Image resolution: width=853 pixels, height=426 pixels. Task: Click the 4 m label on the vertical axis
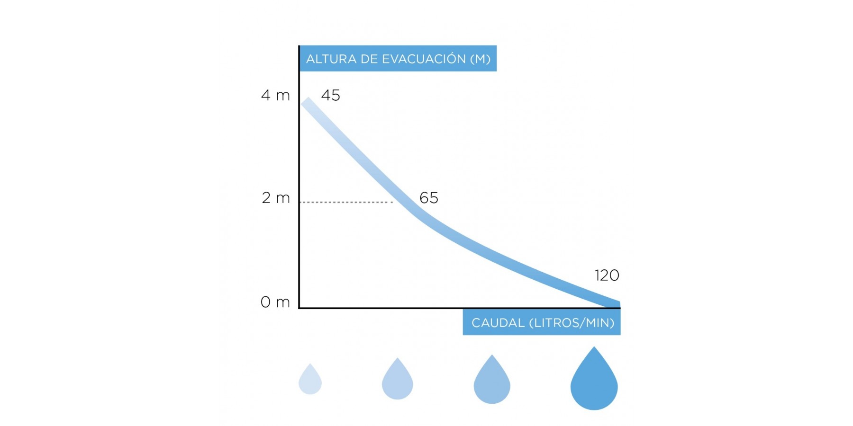pyautogui.click(x=275, y=96)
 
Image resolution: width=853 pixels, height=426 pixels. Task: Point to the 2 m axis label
pyautogui.click(x=276, y=198)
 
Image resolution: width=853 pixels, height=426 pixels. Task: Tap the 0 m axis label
pyautogui.click(x=275, y=302)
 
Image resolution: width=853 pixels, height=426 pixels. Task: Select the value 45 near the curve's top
pyautogui.click(x=330, y=96)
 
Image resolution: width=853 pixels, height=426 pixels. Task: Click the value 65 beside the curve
pyautogui.click(x=429, y=198)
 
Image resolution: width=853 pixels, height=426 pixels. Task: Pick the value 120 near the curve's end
pyautogui.click(x=607, y=275)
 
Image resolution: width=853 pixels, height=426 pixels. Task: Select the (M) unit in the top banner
pyautogui.click(x=480, y=59)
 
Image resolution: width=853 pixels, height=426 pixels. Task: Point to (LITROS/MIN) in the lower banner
pyautogui.click(x=572, y=323)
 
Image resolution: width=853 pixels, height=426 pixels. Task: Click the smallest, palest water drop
pyautogui.click(x=310, y=380)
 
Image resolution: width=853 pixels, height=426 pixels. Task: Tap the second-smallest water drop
pyautogui.click(x=397, y=380)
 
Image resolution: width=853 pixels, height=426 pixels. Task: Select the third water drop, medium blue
pyautogui.click(x=492, y=381)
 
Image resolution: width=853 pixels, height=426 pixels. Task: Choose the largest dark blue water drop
pyautogui.click(x=594, y=381)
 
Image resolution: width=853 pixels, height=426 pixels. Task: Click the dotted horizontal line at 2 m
pyautogui.click(x=346, y=202)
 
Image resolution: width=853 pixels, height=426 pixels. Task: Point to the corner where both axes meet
pyautogui.click(x=299, y=308)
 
